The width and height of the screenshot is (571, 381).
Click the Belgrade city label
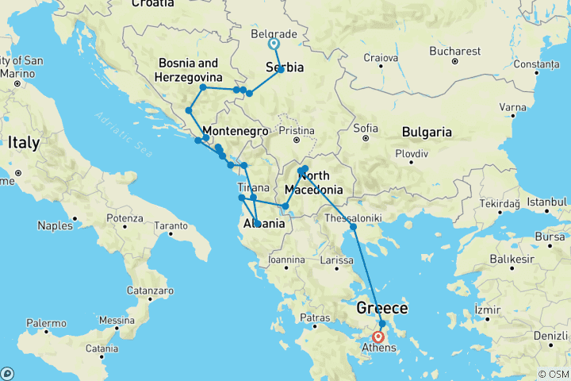pyautogui.click(x=273, y=35)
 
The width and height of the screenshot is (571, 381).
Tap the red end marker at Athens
pyautogui.click(x=378, y=337)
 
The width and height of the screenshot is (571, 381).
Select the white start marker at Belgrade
pyautogui.click(x=274, y=44)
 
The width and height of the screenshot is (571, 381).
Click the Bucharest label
pyautogui.click(x=455, y=51)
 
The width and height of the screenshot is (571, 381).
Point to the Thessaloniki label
pyautogui.click(x=355, y=217)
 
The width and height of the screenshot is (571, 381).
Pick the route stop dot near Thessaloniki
pyautogui.click(x=354, y=227)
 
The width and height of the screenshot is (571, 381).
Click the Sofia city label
pyautogui.click(x=366, y=127)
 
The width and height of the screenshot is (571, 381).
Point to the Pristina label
pyautogui.click(x=297, y=131)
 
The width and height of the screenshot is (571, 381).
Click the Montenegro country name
pyautogui.click(x=232, y=131)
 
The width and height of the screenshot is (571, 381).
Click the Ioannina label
pyautogui.click(x=286, y=260)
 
